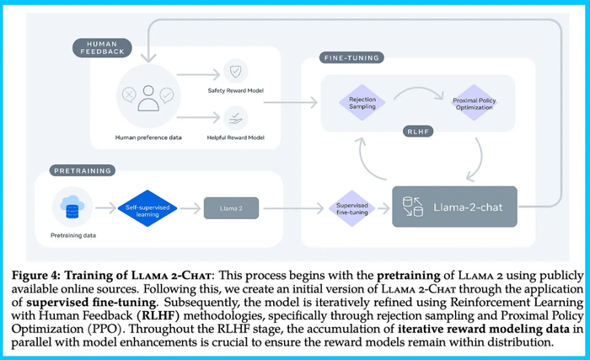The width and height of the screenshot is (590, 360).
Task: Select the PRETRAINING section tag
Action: (82, 170)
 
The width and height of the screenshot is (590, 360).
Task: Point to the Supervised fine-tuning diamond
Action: (351, 207)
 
